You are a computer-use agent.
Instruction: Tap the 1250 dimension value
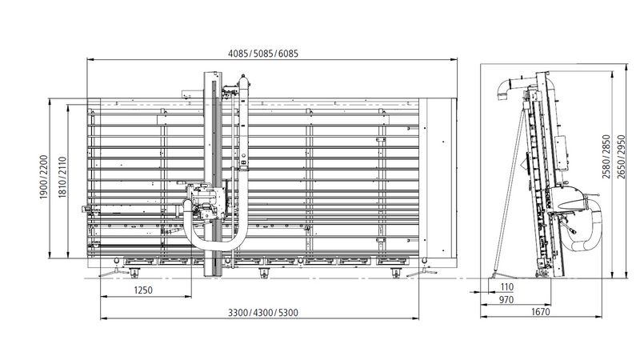pos(144,289)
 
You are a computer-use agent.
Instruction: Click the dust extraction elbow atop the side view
pos(507,89)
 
